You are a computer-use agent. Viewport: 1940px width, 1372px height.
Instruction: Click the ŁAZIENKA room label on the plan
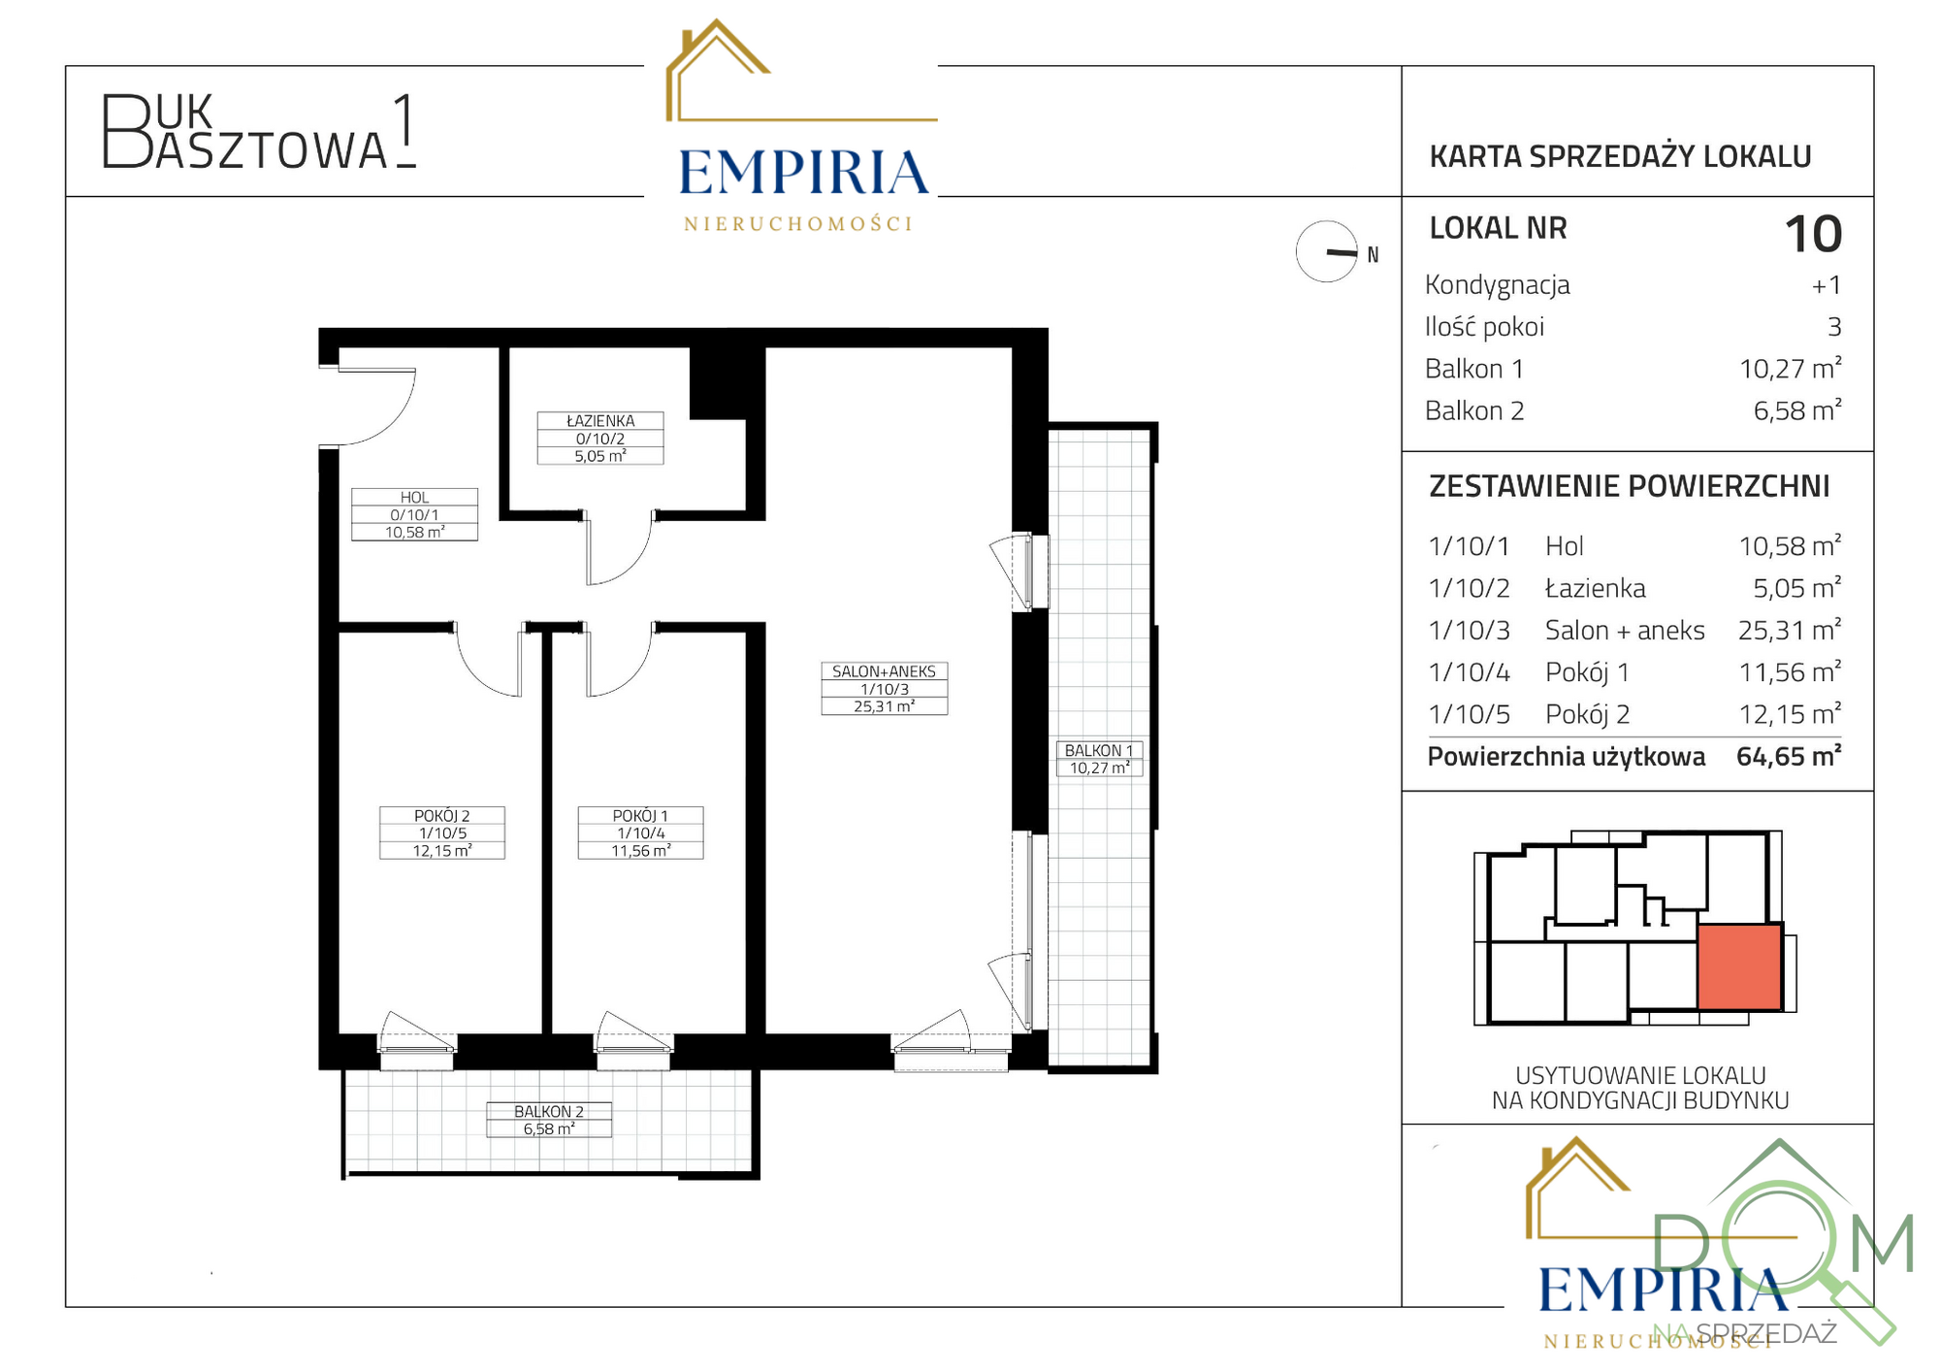click(x=600, y=438)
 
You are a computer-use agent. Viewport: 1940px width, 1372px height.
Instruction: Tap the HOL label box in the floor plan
click(x=414, y=514)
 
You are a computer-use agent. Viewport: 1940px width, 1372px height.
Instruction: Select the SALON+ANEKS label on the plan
click(x=884, y=688)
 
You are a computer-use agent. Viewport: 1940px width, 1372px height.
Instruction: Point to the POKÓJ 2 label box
click(x=441, y=833)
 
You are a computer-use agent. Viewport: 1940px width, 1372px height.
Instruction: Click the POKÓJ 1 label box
click(x=640, y=833)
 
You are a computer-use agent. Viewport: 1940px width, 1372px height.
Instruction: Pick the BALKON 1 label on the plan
click(x=1099, y=759)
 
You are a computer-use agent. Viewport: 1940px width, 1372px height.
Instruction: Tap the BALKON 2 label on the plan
click(x=549, y=1120)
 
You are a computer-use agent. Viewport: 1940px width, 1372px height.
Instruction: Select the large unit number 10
click(x=1813, y=234)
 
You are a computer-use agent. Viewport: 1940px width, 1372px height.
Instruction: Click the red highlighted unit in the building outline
click(x=1739, y=966)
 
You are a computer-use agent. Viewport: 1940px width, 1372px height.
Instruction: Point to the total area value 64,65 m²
click(x=1789, y=757)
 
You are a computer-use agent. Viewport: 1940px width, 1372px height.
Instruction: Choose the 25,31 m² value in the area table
click(x=1790, y=631)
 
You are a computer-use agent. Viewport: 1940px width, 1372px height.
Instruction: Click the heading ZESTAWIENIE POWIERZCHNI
click(x=1630, y=486)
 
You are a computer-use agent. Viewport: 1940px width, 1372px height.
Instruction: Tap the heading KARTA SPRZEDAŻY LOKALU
click(x=1620, y=156)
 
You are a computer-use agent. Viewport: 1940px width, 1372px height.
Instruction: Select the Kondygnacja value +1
click(x=1827, y=285)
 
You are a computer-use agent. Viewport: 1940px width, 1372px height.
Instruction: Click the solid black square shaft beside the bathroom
click(x=718, y=383)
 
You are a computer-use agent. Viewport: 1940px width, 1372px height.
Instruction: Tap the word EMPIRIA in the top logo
click(x=803, y=173)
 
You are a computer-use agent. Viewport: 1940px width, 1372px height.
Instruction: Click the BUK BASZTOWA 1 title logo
click(x=260, y=132)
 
